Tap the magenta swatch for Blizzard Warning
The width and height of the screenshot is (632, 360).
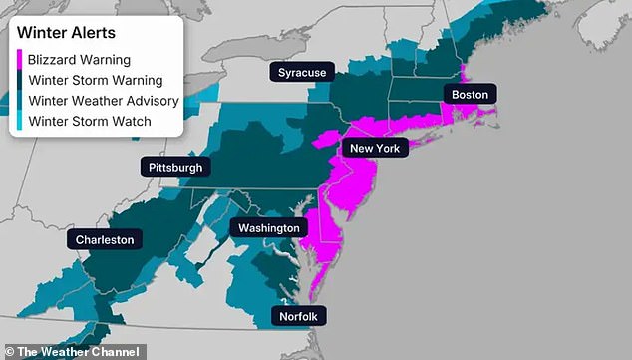click(20, 59)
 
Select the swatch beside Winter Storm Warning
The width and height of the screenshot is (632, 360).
click(20, 80)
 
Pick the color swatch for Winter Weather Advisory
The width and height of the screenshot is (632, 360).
click(20, 101)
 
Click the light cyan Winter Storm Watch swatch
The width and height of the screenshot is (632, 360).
click(20, 122)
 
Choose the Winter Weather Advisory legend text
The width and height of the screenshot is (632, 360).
click(104, 101)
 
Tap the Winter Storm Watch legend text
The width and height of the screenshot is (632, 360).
click(90, 122)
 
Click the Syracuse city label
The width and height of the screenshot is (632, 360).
click(300, 73)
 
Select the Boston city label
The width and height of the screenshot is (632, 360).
click(470, 94)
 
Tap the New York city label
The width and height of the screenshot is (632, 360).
click(374, 148)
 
